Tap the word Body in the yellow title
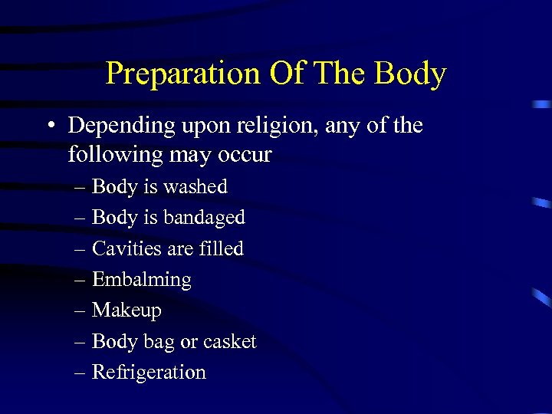[410, 74]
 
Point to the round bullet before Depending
[51, 126]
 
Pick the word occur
[245, 155]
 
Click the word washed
[195, 186]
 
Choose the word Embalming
[142, 280]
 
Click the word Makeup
[127, 310]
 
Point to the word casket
[229, 341]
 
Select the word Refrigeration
[149, 373]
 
